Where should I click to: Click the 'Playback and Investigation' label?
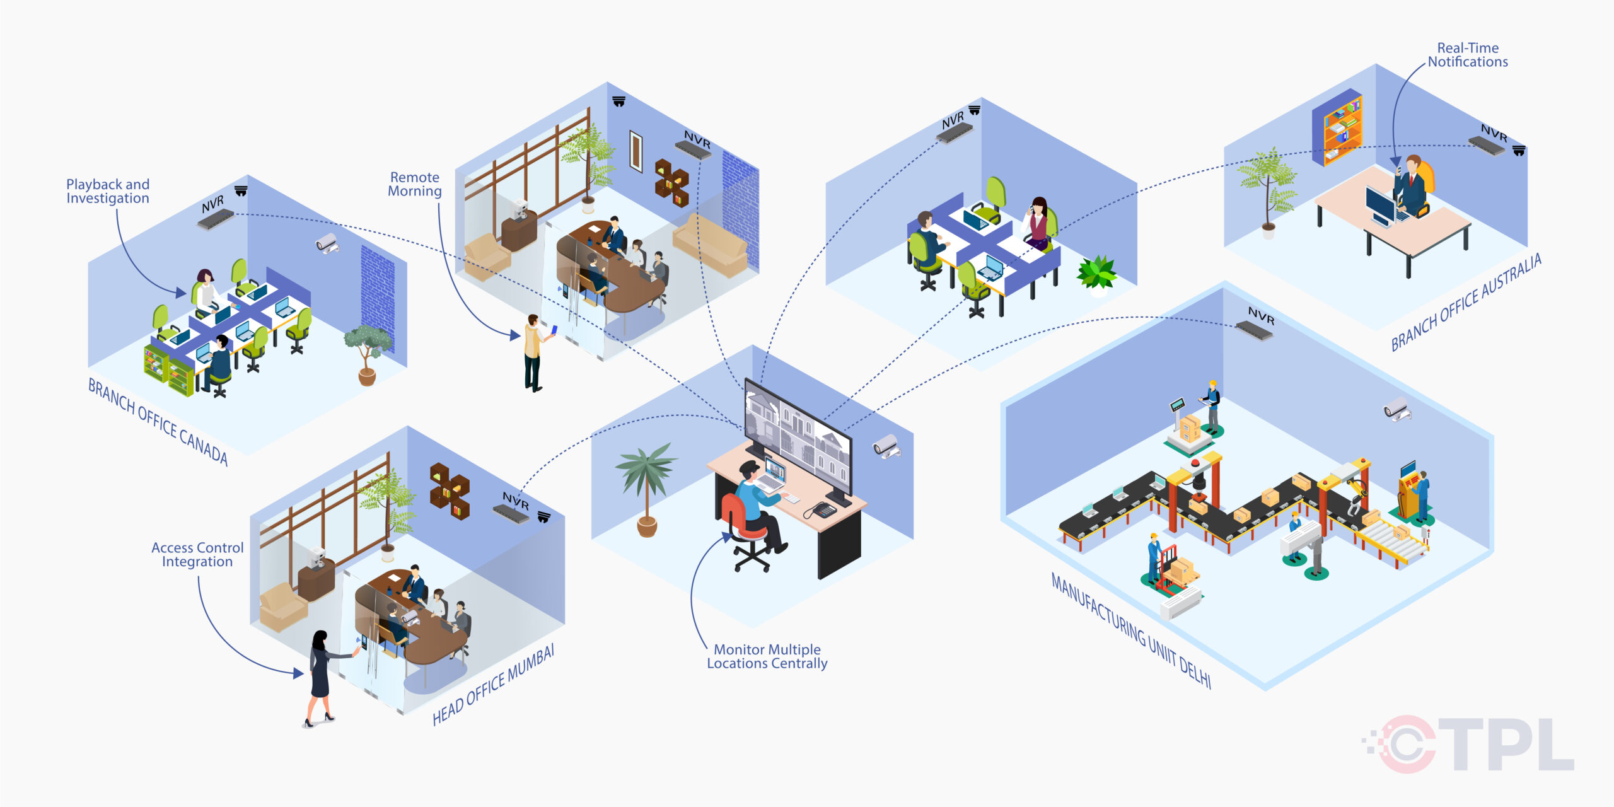108,191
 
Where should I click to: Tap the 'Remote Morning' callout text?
414,184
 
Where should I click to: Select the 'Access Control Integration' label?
197,555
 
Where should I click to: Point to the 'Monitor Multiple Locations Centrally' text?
767,656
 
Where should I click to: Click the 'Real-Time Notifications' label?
1468,55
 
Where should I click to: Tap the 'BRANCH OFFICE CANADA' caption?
158,421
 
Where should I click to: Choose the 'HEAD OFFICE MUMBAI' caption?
494,685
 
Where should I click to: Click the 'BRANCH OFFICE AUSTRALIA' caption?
1466,302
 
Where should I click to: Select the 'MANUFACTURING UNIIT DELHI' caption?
1131,630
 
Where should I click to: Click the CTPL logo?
1469,745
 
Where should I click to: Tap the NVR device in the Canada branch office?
216,219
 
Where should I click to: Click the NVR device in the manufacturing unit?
1255,329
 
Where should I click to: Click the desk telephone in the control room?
822,509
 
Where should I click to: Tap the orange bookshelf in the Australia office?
1337,129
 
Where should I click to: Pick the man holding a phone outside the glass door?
534,353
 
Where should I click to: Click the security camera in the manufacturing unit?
1396,409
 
